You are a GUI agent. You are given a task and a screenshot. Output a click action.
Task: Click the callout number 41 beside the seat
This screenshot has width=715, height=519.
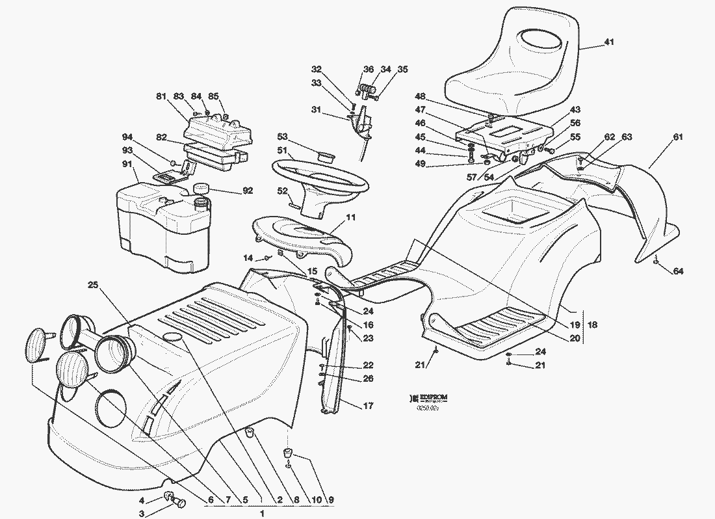coord(608,42)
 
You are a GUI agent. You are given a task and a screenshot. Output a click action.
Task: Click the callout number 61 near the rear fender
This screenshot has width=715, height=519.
coord(678,137)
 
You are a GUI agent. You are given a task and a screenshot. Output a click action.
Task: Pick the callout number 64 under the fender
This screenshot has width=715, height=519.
coord(678,271)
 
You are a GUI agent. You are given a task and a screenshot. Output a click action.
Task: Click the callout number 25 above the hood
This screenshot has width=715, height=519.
coord(93,285)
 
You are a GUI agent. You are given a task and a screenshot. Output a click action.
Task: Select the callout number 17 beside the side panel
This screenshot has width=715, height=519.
coord(369,406)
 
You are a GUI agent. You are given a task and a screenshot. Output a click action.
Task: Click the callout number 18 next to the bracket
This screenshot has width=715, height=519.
coord(592,325)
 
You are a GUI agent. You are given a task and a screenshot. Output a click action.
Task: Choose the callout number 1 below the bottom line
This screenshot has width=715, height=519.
coord(262,514)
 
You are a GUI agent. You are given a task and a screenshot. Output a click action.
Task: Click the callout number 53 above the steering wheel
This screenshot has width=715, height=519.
coord(282,137)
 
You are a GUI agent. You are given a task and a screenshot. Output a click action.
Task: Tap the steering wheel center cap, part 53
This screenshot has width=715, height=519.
coord(325,155)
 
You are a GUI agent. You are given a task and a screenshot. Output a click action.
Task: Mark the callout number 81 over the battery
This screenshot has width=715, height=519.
coord(161,96)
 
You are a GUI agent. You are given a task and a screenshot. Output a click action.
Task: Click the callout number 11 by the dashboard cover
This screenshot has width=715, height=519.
coord(351,217)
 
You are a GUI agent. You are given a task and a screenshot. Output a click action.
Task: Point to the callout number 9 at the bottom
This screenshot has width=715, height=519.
coord(331,500)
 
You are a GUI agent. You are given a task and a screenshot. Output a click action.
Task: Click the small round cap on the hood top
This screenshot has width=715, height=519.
coord(172,336)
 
